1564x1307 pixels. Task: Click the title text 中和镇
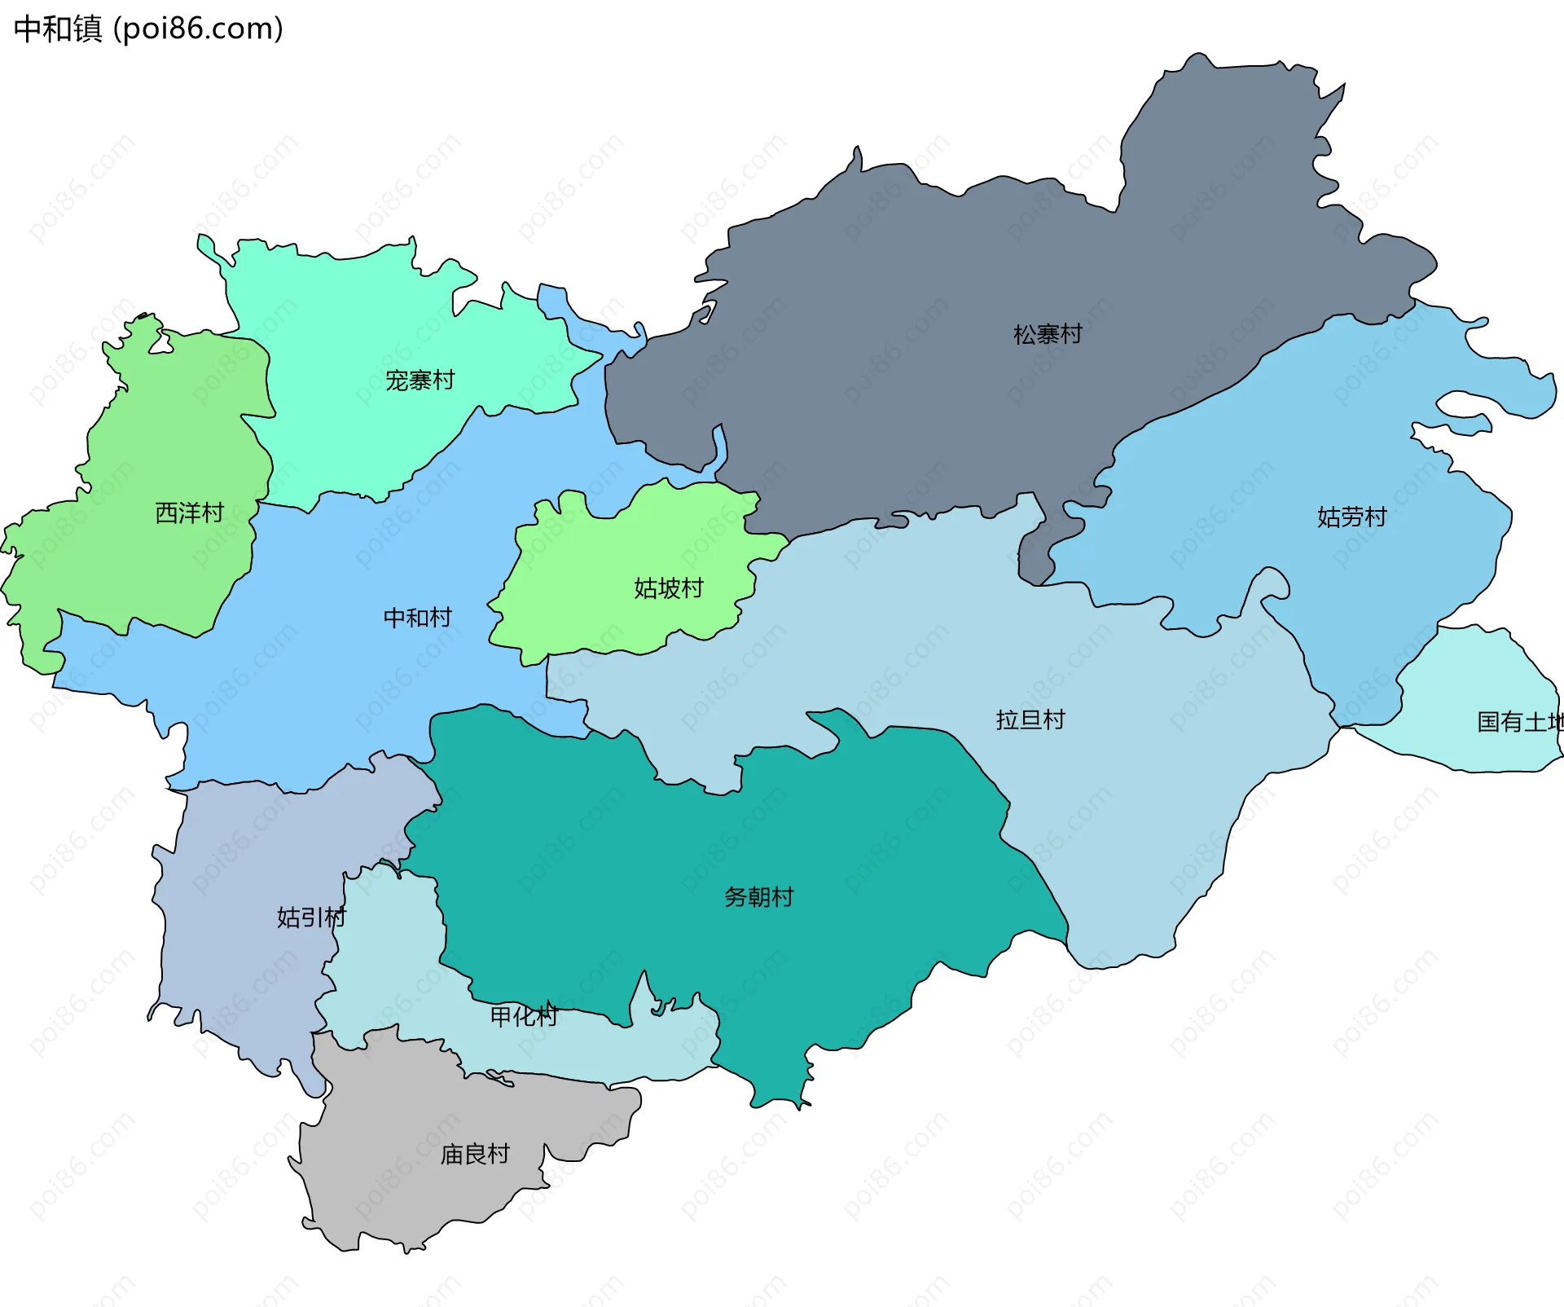click(58, 29)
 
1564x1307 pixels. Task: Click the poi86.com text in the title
click(198, 29)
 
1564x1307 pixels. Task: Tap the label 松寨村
click(1048, 334)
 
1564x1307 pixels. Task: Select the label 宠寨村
click(420, 380)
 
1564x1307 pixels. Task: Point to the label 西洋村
click(189, 513)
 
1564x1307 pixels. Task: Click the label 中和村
click(417, 617)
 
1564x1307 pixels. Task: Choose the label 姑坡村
click(668, 587)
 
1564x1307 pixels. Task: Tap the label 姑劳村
click(1351, 517)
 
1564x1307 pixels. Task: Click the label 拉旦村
click(1030, 720)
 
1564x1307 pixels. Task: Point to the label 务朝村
click(758, 896)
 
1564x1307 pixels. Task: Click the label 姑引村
click(310, 917)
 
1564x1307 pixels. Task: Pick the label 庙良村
click(474, 1154)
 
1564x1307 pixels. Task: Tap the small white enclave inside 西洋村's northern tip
click(161, 344)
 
